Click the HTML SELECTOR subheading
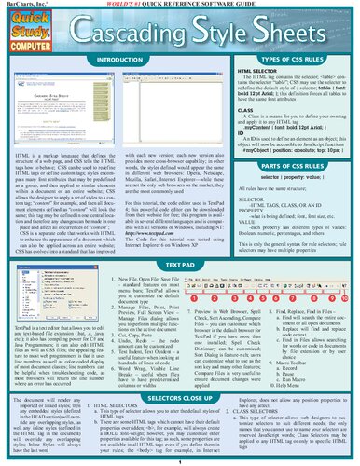264,71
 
